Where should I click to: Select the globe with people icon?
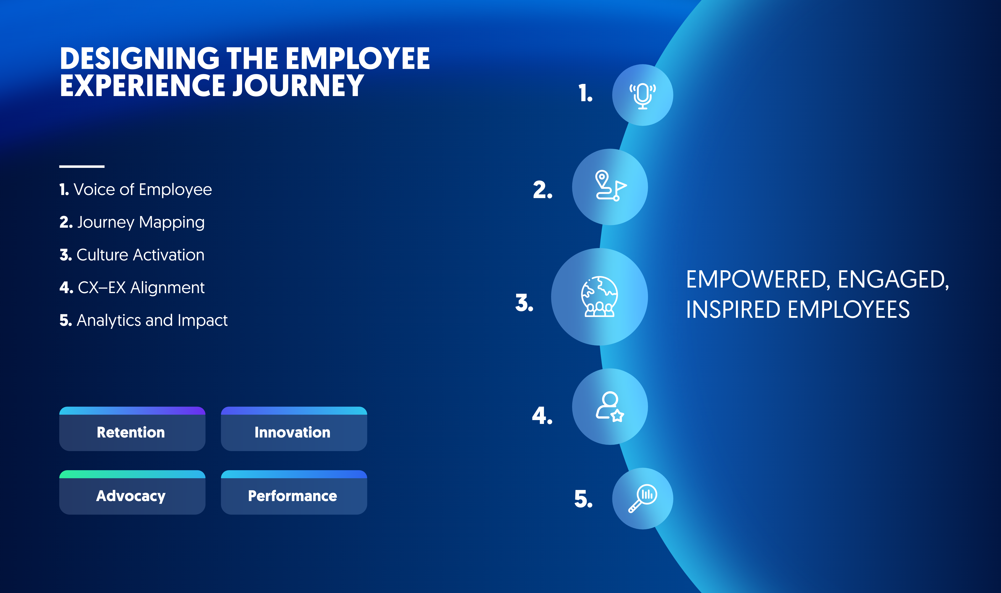click(599, 297)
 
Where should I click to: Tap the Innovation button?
click(294, 429)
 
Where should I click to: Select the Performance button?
click(294, 492)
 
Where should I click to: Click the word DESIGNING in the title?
click(139, 58)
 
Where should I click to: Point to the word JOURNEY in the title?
click(298, 86)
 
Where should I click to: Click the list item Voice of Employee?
click(136, 189)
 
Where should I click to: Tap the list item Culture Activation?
click(132, 255)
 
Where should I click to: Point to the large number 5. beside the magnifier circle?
click(583, 499)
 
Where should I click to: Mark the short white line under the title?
click(82, 166)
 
